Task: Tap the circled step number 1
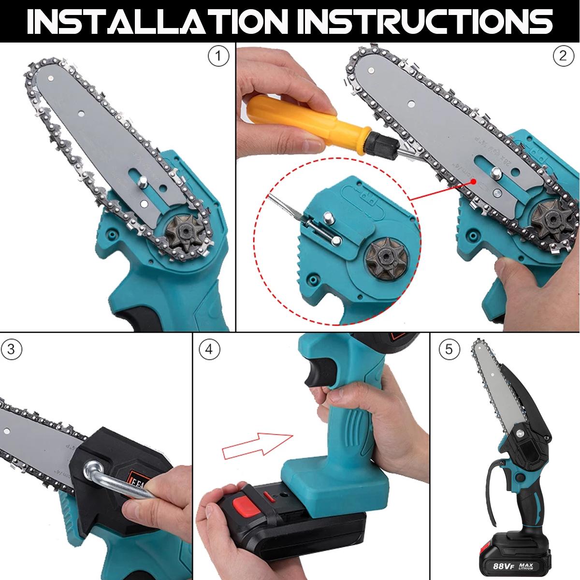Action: point(218,57)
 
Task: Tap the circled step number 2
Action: point(563,57)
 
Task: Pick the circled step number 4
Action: point(209,349)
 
